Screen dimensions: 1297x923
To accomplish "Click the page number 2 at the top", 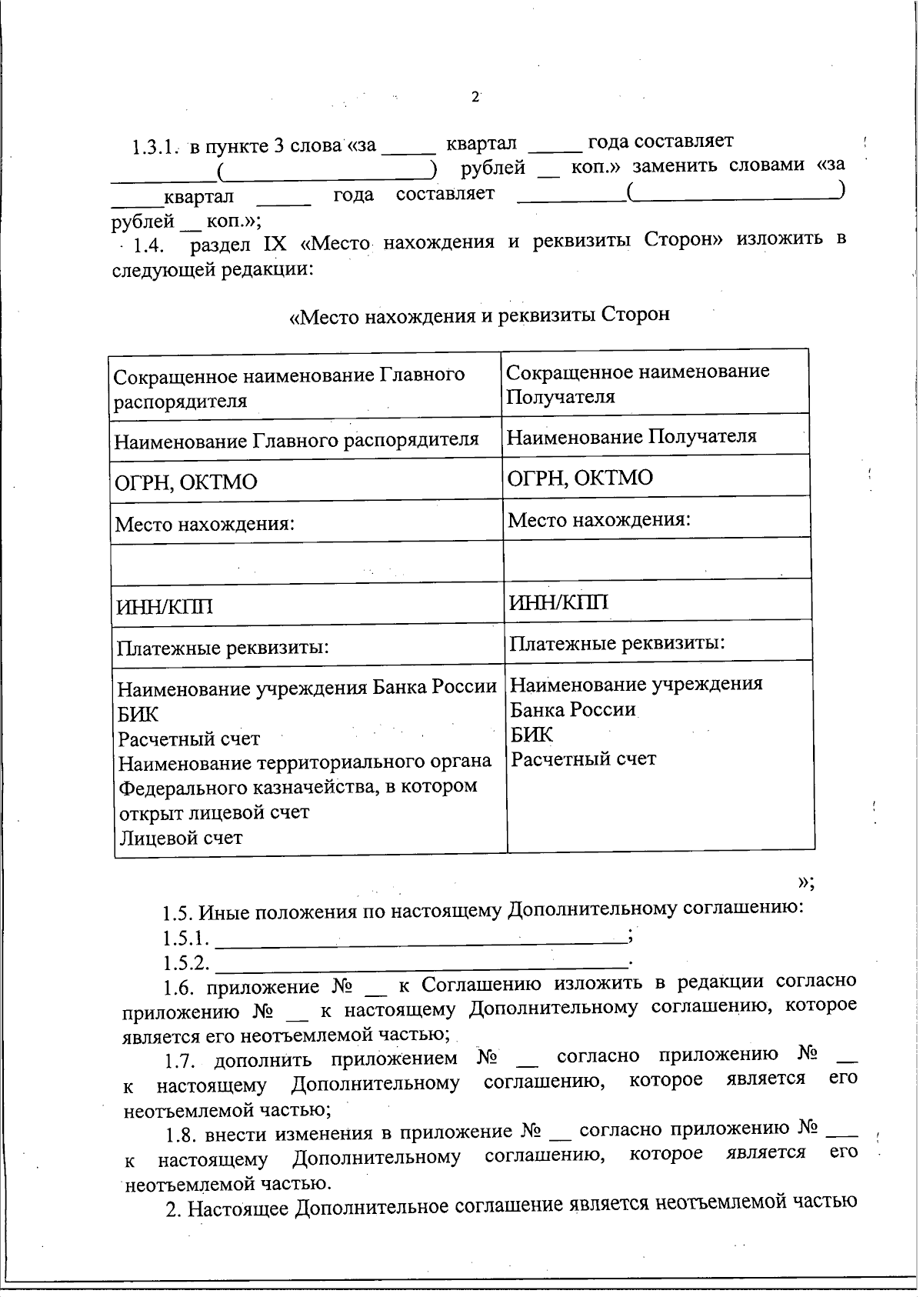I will click(475, 97).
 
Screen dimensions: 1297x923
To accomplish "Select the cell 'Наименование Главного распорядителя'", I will click(296, 440).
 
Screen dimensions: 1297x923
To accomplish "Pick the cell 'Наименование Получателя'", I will click(631, 437).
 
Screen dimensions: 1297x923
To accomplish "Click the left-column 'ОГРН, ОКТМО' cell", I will click(186, 483).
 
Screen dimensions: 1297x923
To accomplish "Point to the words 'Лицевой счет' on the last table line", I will click(180, 838).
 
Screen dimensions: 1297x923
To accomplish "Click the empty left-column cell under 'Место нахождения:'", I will click(306, 563).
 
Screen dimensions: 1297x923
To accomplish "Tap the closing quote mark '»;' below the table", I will click(805, 882).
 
